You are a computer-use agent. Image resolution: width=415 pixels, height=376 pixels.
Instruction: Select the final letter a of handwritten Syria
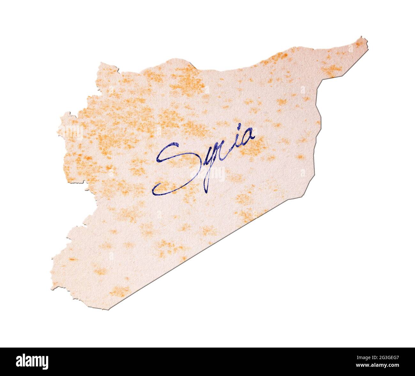click(247, 137)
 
